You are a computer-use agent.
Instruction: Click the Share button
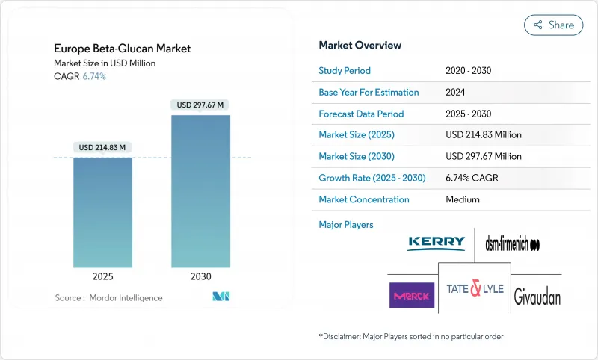(554, 25)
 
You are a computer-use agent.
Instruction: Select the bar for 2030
(200, 190)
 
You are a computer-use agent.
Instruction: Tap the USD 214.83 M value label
(102, 147)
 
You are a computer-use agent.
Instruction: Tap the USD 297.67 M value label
(200, 105)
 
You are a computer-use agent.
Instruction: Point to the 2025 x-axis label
(102, 276)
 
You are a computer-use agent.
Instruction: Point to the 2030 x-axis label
(200, 276)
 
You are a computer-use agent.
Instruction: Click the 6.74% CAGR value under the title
(93, 77)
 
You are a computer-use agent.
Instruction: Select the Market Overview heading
(360, 46)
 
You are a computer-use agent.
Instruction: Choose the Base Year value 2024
(455, 93)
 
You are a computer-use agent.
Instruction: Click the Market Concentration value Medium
(462, 199)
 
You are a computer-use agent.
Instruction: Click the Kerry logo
(436, 243)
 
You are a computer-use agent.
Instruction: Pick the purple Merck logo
(411, 295)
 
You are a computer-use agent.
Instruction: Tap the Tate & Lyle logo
(475, 288)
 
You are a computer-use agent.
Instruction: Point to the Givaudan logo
(537, 297)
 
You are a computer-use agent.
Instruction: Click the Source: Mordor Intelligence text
(108, 297)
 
